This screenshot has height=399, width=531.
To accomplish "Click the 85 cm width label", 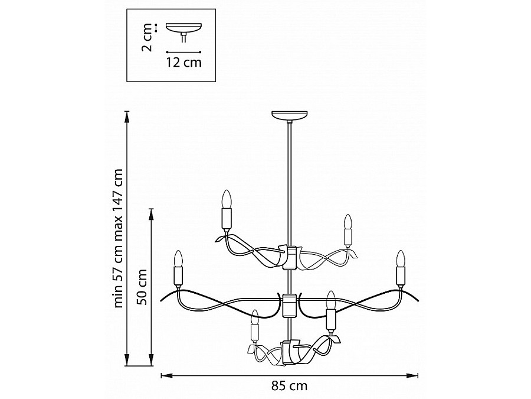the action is coord(289,386).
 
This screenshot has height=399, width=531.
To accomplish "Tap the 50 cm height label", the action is coord(143,287).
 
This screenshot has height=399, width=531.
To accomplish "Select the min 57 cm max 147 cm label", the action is coord(118,238).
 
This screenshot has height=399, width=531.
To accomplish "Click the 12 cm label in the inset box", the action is coord(183,63).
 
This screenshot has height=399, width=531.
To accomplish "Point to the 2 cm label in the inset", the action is coord(147,37).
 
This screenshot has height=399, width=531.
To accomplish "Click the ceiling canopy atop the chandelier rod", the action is coord(290,115).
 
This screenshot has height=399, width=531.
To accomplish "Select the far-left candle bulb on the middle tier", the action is coord(178,258).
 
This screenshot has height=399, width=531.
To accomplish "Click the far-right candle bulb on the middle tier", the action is coord(401,258).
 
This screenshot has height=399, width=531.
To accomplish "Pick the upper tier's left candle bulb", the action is coord(227,199).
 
